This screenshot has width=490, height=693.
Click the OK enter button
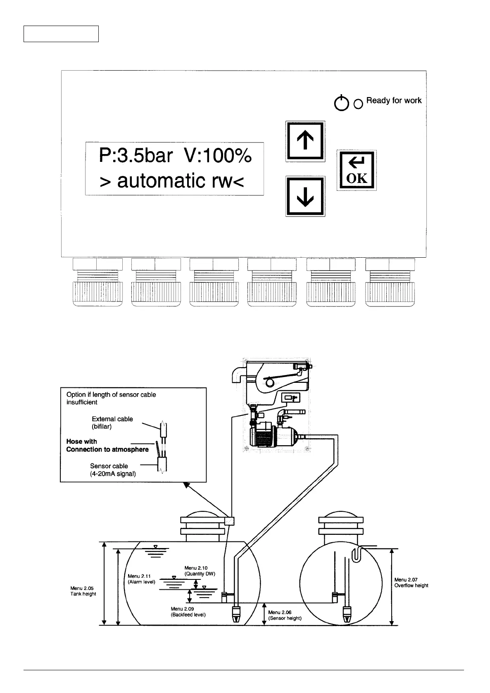[x=357, y=170]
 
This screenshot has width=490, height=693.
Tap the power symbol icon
[x=341, y=103]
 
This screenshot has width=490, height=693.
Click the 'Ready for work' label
[x=394, y=100]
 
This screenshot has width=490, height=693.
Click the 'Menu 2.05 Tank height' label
[x=83, y=591]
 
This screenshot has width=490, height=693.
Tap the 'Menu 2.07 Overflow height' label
[x=411, y=582]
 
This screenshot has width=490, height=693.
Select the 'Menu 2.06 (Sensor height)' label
[x=285, y=615]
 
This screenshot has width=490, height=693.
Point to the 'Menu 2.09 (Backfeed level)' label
[x=188, y=612]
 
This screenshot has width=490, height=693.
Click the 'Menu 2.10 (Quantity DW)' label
[x=200, y=571]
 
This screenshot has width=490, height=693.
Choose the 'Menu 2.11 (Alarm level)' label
[x=141, y=579]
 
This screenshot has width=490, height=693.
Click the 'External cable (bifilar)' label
[x=112, y=422]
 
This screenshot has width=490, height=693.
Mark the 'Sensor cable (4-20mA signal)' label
[x=113, y=470]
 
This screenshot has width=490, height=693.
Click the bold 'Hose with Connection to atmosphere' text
[x=107, y=446]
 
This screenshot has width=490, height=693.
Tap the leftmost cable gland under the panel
[x=98, y=282]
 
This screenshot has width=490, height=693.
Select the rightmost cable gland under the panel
[x=390, y=282]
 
